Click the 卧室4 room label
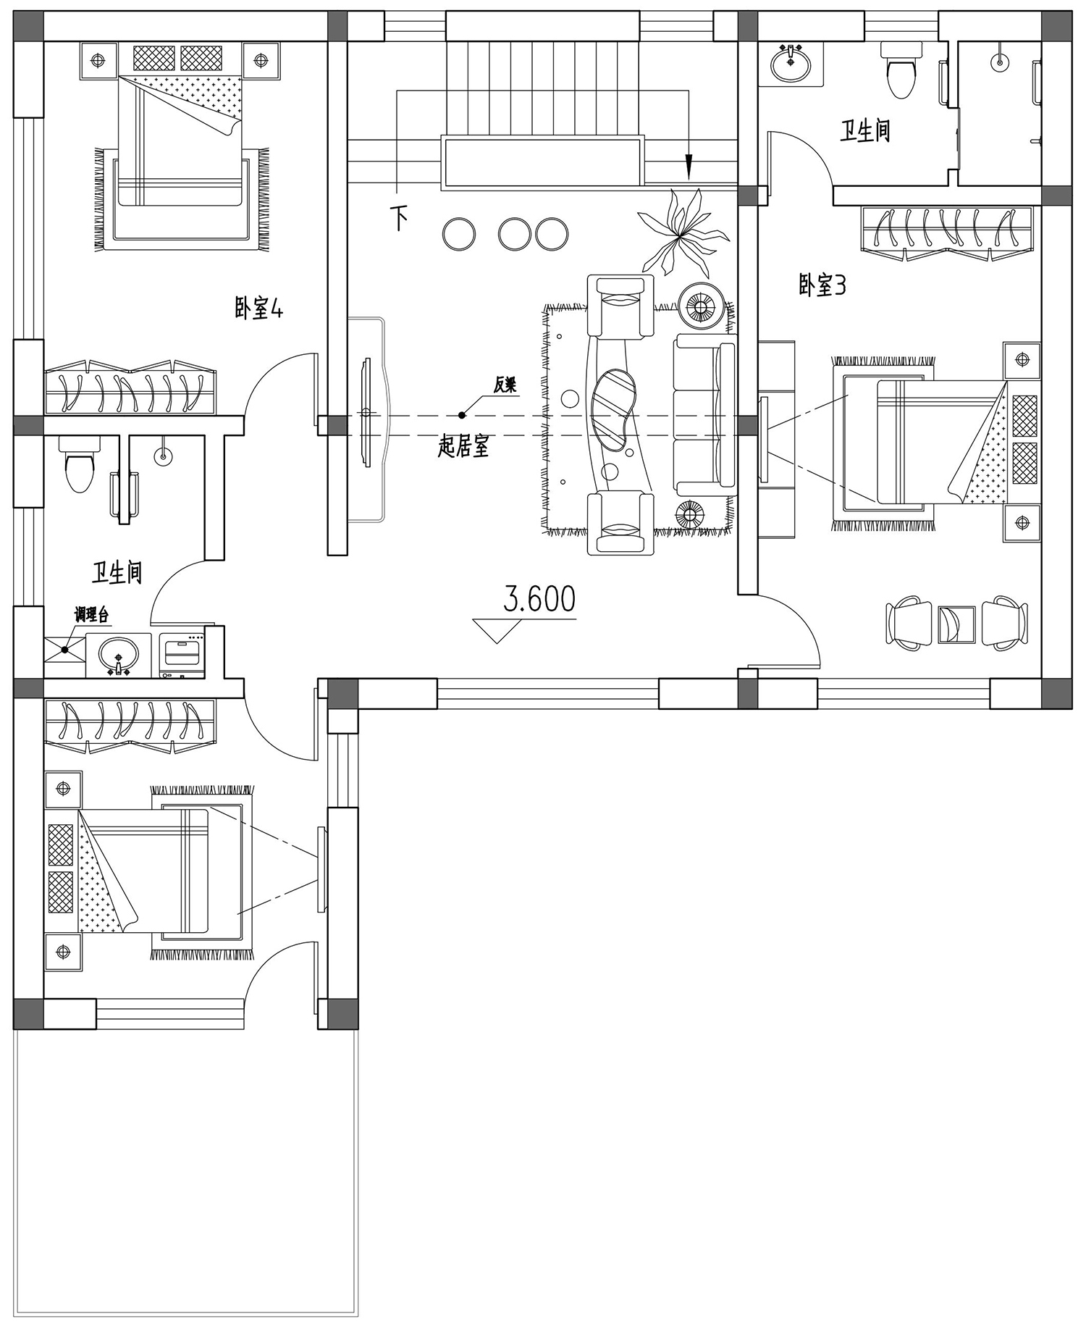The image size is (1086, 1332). click(258, 309)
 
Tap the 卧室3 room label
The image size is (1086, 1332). click(822, 285)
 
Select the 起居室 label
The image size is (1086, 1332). click(463, 446)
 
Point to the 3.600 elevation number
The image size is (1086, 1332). click(539, 599)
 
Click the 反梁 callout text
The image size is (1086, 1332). click(505, 385)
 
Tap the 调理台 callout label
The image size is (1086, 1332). click(91, 616)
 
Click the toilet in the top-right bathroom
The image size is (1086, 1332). click(900, 70)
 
